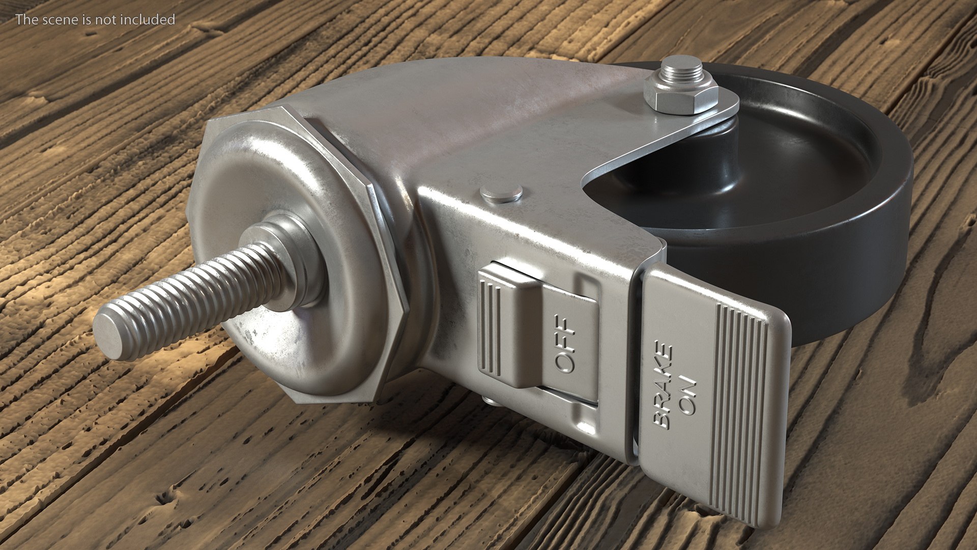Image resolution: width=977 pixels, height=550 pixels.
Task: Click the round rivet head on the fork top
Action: [502, 194]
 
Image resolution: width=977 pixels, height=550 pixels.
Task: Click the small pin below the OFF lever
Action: [490, 401]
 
